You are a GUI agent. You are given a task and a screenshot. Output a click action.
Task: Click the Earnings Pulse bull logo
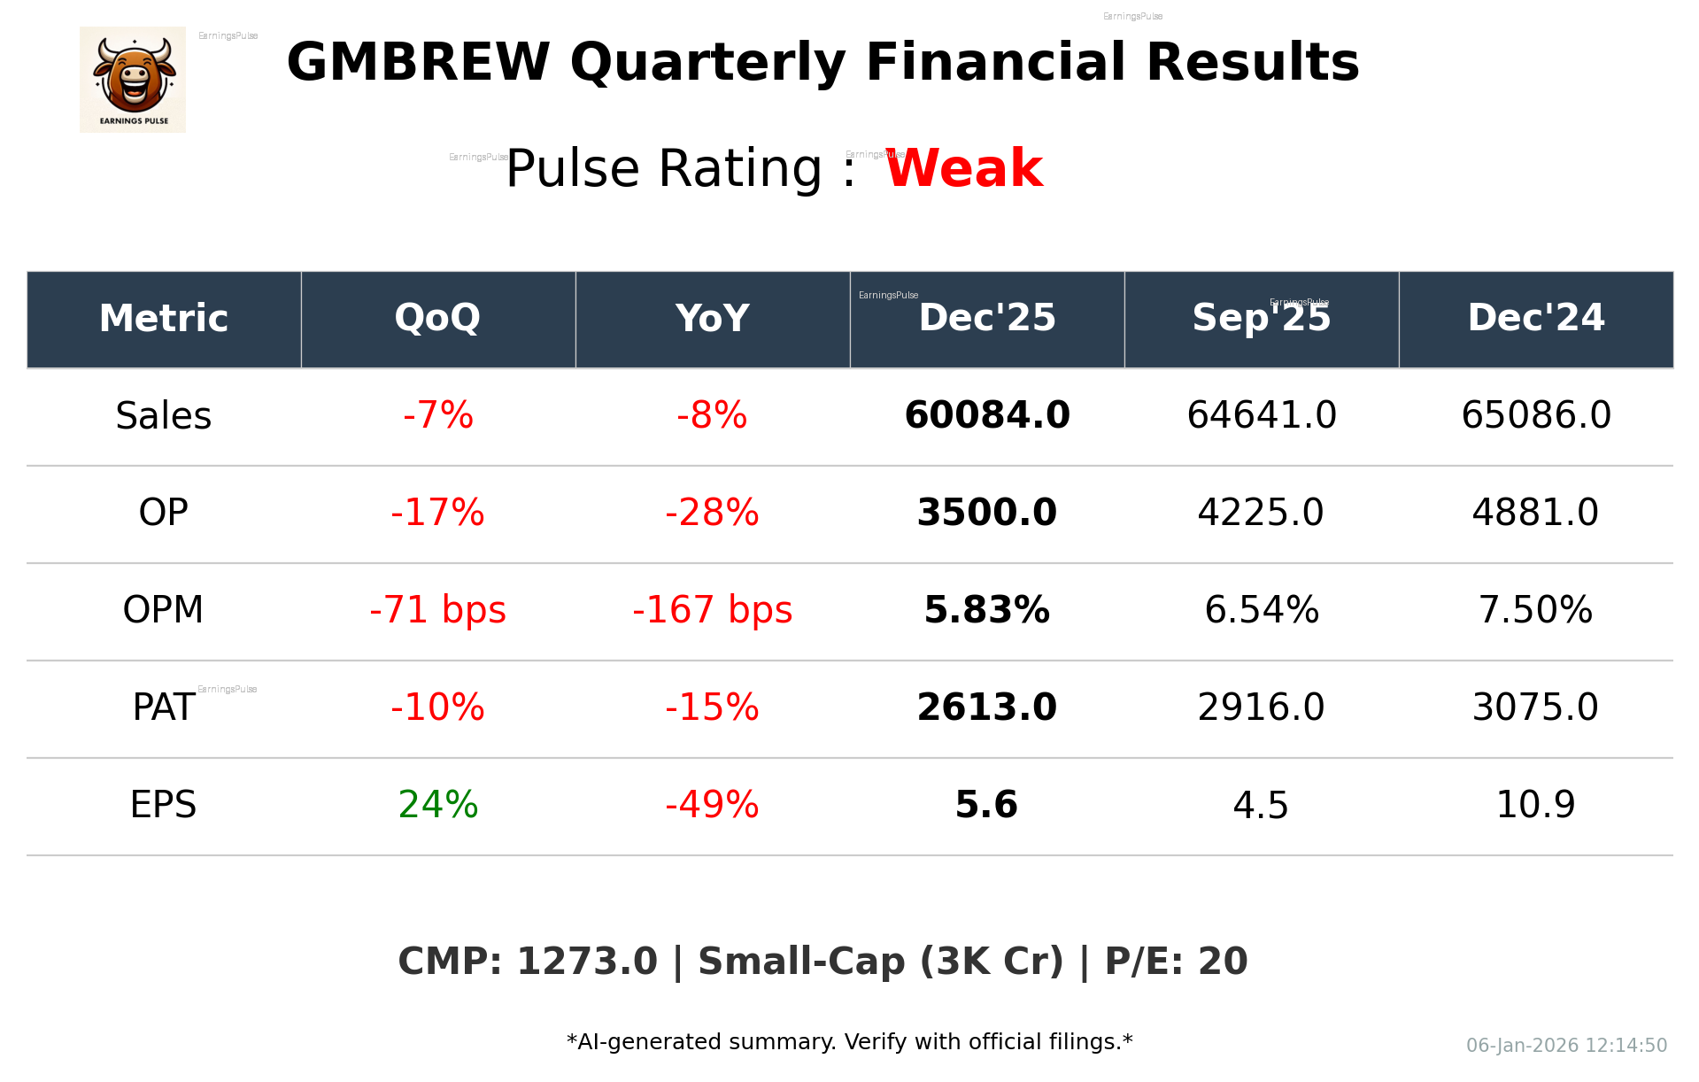[x=133, y=80]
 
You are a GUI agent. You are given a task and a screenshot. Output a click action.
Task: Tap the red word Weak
[x=964, y=168]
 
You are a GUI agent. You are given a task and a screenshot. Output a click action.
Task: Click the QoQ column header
[x=437, y=318]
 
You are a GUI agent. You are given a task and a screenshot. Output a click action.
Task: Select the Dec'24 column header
[x=1535, y=318]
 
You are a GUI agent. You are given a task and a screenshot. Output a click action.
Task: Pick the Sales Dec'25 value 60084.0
[x=986, y=415]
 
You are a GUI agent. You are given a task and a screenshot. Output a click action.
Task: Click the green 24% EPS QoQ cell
[x=437, y=805]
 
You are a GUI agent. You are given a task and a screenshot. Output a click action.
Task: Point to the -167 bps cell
[x=712, y=610]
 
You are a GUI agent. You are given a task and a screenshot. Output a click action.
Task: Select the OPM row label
[x=163, y=610]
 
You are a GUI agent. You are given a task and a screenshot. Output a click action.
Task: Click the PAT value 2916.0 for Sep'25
[x=1261, y=707]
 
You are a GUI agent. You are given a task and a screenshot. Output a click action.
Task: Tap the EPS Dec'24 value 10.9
[x=1535, y=805]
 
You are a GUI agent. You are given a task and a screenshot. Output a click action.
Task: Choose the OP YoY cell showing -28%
[x=712, y=513]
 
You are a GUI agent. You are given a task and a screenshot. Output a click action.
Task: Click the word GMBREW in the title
[x=418, y=63]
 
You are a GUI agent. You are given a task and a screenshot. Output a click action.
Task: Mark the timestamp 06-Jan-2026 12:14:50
[x=1566, y=1046]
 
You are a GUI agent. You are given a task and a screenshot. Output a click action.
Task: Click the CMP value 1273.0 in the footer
[x=587, y=962]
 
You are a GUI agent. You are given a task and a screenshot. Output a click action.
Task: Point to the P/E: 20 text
[x=1176, y=962]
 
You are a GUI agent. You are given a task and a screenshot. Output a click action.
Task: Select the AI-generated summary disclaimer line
[x=849, y=1042]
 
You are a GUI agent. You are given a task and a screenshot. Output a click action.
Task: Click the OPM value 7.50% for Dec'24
[x=1535, y=610]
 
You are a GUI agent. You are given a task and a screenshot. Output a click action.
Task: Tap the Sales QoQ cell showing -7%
[x=437, y=415]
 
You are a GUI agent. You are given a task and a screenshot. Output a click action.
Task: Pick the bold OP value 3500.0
[x=986, y=513]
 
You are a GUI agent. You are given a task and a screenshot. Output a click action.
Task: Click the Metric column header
[x=163, y=318]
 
